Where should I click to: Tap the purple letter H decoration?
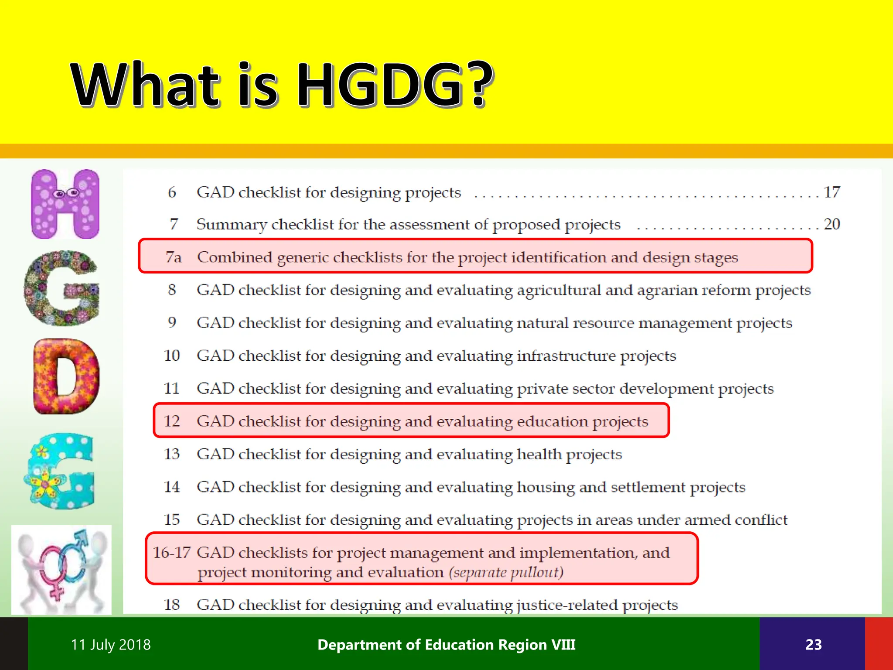(65, 204)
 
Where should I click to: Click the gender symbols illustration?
(61, 570)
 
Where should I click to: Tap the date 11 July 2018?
(111, 645)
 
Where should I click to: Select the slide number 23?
(813, 645)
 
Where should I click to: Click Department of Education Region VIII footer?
(446, 645)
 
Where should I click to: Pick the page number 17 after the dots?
(832, 192)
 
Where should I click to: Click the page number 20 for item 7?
(832, 224)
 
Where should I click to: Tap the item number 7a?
(174, 257)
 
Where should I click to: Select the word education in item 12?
(552, 421)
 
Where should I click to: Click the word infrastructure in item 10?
(566, 356)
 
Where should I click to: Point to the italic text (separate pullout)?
(506, 572)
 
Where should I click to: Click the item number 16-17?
(171, 553)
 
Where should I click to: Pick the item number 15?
(172, 520)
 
